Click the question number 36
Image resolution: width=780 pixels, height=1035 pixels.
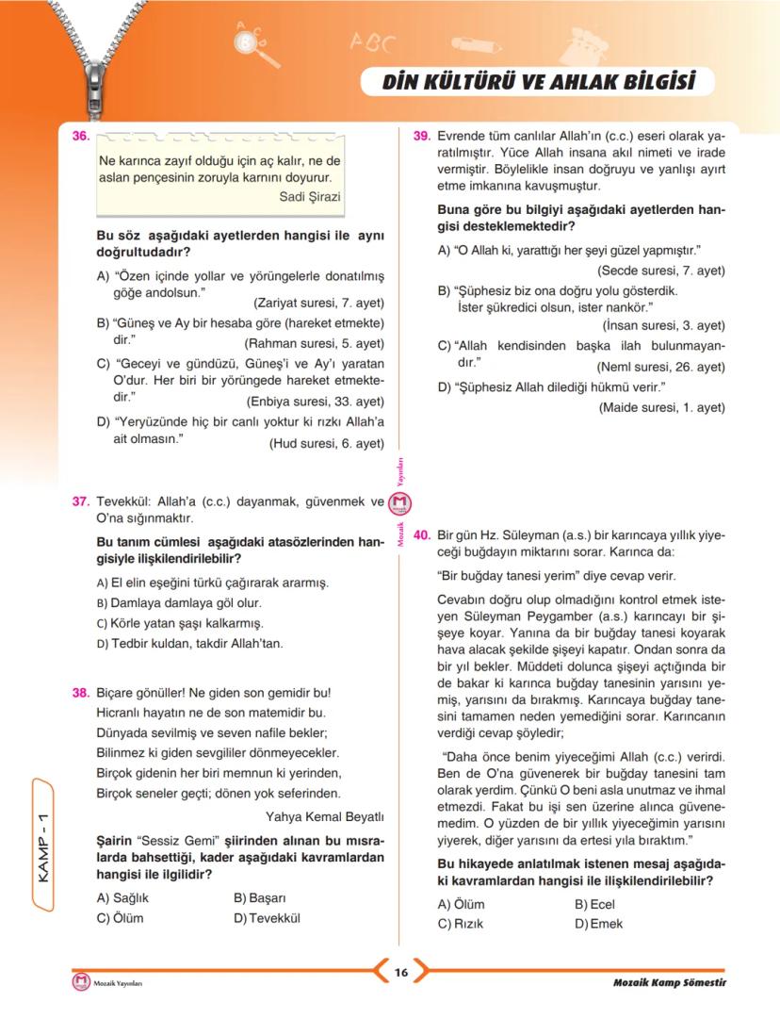tap(80, 137)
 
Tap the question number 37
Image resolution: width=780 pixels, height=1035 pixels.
tap(80, 501)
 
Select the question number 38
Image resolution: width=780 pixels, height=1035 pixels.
tap(80, 693)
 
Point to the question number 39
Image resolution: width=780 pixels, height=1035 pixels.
tap(422, 136)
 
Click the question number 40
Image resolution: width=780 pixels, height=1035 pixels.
tap(422, 533)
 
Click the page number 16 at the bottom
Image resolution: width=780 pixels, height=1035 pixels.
tap(400, 973)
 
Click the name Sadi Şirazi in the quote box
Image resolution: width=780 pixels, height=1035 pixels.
tap(310, 196)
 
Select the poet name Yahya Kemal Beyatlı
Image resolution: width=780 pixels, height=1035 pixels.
tap(325, 816)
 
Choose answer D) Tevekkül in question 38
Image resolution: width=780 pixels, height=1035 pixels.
tap(268, 918)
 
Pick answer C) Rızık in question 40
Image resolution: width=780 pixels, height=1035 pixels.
tap(461, 924)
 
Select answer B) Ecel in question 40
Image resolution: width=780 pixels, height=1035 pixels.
tap(594, 904)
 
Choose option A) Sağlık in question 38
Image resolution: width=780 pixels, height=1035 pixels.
tap(123, 898)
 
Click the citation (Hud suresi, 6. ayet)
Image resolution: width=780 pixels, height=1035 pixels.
tap(326, 443)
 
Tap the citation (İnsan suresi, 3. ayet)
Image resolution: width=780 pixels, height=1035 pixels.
tap(663, 325)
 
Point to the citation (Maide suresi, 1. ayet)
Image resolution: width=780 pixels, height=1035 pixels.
tap(661, 407)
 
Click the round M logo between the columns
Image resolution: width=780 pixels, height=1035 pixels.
tap(401, 505)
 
